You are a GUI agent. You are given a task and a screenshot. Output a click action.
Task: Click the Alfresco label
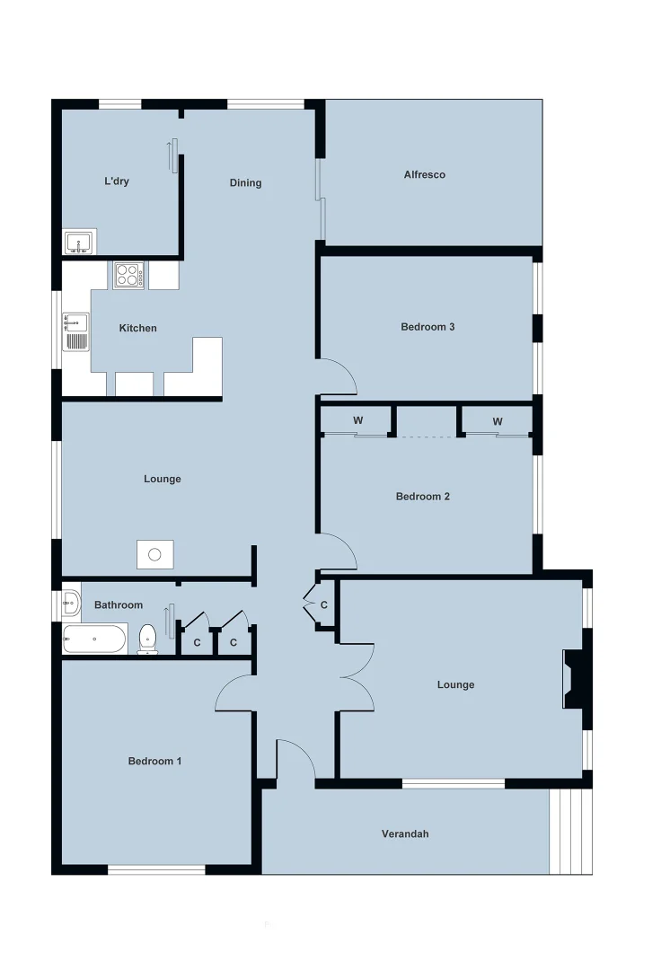[x=424, y=174]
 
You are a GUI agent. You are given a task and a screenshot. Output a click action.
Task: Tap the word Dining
[x=245, y=183]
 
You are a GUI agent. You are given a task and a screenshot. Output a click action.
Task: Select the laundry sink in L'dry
[x=79, y=242]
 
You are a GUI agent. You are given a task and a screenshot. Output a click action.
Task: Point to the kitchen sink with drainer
[x=75, y=331]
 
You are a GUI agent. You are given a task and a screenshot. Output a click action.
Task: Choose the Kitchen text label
[x=137, y=328]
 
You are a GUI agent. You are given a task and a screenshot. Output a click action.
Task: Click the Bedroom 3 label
[x=427, y=327]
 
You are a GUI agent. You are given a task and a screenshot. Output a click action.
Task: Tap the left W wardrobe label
[x=357, y=421]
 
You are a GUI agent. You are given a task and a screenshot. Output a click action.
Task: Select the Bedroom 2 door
[x=338, y=551]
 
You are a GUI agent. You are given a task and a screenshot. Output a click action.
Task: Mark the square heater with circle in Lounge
[x=154, y=555]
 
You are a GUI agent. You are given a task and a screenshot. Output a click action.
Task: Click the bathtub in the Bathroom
[x=95, y=640]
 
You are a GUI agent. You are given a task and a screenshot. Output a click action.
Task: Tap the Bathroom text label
[x=119, y=605]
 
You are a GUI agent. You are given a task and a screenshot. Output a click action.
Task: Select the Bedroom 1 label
[x=154, y=762]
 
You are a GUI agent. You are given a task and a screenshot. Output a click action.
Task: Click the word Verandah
[x=405, y=834]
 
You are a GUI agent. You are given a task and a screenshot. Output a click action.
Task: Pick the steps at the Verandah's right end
[x=570, y=831]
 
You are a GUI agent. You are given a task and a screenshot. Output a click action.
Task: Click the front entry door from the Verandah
[x=296, y=759]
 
